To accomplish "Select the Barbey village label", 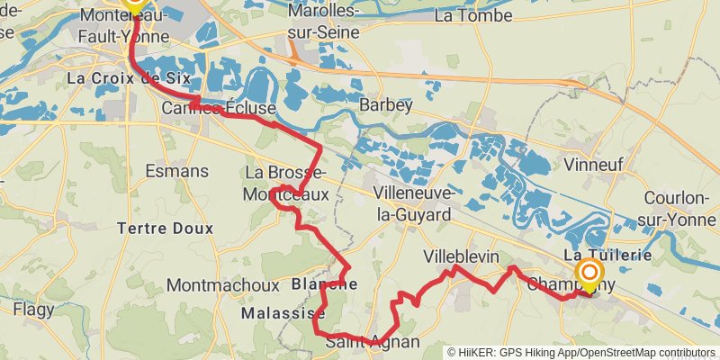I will [x=385, y=105].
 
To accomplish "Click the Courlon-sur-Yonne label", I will [x=681, y=207].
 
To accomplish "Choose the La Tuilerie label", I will [x=607, y=256].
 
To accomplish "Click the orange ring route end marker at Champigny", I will [x=590, y=273].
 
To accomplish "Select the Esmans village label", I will [x=177, y=171].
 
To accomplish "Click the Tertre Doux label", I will [x=166, y=229].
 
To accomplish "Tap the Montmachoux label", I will [x=223, y=285].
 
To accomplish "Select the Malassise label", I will [x=283, y=313].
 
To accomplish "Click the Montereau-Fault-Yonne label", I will [x=126, y=24].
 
